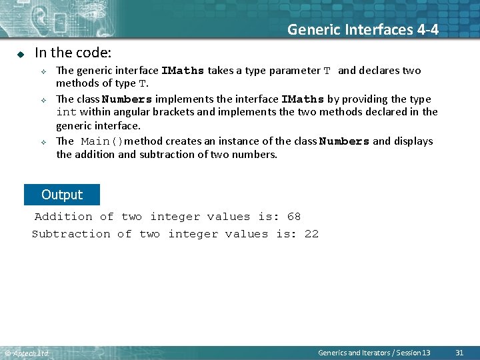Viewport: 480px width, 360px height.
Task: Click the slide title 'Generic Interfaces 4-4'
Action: tap(363, 29)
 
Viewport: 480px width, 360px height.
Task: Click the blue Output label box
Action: tap(61, 195)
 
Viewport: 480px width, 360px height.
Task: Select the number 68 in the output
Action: tap(294, 217)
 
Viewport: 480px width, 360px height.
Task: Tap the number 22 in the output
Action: tap(311, 234)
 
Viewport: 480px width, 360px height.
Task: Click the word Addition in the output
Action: tap(63, 217)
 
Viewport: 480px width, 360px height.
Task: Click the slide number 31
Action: tap(459, 352)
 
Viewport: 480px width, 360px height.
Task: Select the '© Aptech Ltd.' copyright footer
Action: tap(27, 353)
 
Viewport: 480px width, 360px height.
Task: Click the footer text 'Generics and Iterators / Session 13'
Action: tap(374, 352)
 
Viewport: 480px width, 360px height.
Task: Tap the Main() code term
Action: tap(102, 141)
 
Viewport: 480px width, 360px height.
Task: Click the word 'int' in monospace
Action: tap(66, 112)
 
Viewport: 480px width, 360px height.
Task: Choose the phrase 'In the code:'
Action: tap(73, 52)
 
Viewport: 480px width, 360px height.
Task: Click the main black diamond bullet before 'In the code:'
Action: tap(21, 53)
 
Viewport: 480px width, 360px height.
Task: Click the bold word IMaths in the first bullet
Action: tap(183, 71)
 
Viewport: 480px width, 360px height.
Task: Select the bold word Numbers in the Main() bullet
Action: tap(344, 141)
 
